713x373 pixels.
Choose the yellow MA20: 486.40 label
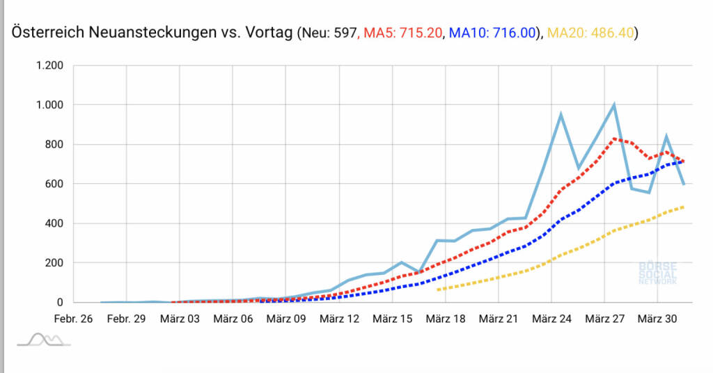(x=591, y=32)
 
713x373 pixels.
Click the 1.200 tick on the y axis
(x=49, y=65)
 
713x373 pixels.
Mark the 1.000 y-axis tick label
(x=49, y=105)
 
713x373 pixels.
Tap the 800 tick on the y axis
(x=54, y=145)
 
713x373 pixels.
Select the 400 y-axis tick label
(x=54, y=223)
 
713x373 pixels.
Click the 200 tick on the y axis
(x=54, y=263)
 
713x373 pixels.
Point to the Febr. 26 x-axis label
(x=73, y=319)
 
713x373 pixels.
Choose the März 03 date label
(x=180, y=319)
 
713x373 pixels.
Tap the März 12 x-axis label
(x=339, y=319)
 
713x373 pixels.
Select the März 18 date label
(x=446, y=319)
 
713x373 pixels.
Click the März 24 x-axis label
(x=551, y=319)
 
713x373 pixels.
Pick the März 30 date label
(x=658, y=319)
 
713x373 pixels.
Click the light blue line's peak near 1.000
(x=613, y=105)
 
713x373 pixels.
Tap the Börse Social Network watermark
(x=657, y=273)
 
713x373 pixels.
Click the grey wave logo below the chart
(x=44, y=339)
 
